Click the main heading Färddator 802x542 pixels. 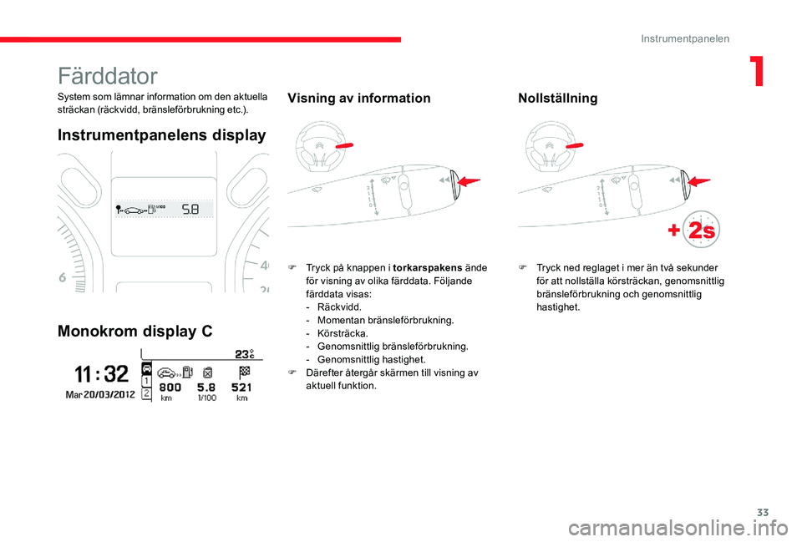click(x=108, y=76)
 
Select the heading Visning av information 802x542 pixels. click(x=358, y=99)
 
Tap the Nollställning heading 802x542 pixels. click(x=557, y=99)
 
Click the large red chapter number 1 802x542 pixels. click(x=757, y=73)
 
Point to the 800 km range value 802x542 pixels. click(x=170, y=388)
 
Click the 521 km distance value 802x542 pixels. click(x=242, y=388)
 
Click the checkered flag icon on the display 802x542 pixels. click(x=243, y=371)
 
